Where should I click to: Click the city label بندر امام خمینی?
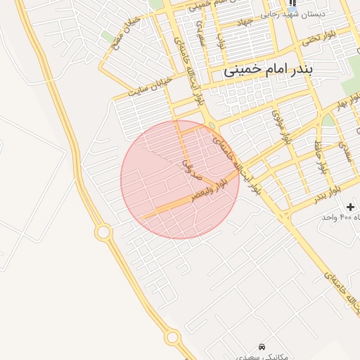click(280, 71)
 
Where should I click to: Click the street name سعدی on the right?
click(344, 150)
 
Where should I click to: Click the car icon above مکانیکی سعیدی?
click(262, 347)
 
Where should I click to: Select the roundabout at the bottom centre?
click(172, 338)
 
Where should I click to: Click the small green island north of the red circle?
click(212, 127)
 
